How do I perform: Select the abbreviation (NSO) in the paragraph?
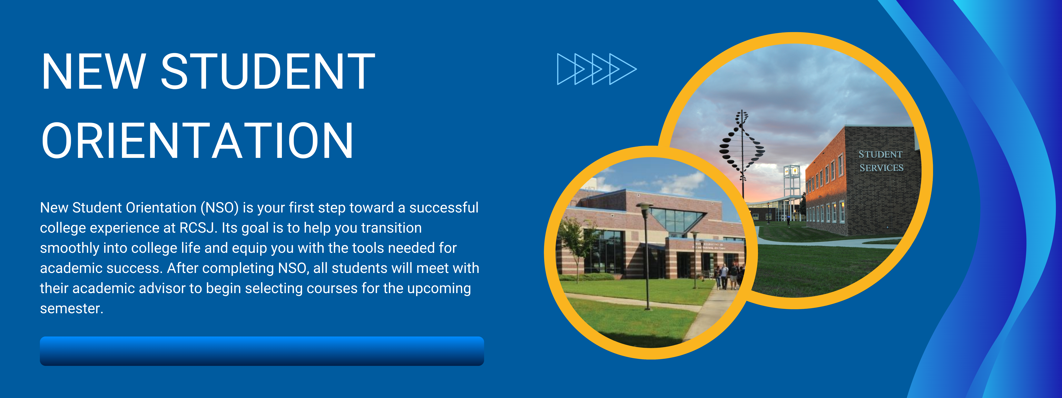click(x=220, y=208)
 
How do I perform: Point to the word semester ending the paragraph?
click(x=71, y=309)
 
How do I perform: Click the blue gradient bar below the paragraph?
click(x=262, y=351)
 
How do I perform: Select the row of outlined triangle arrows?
click(x=597, y=69)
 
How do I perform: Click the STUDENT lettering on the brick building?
click(x=880, y=155)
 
